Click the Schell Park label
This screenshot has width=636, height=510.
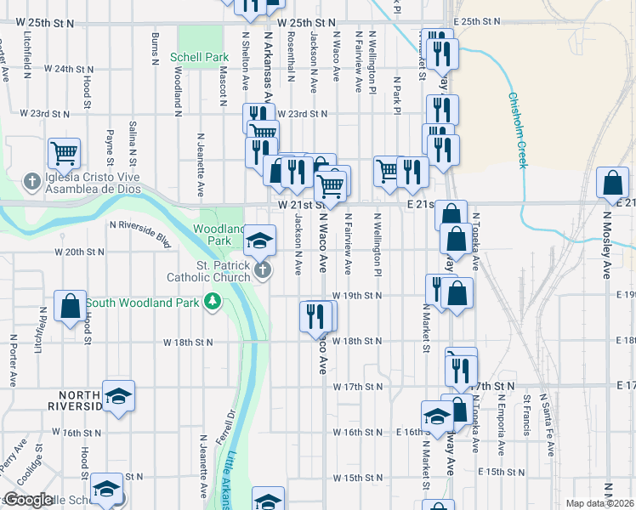tap(200, 56)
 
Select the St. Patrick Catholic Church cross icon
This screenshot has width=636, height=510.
tap(263, 270)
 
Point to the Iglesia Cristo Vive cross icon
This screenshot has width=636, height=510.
tap(31, 180)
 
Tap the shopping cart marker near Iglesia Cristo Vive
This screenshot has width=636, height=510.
tap(64, 153)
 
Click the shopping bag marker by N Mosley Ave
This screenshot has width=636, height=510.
tap(613, 183)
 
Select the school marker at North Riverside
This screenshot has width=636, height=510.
tap(119, 395)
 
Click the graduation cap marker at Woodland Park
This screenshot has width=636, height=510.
tap(260, 240)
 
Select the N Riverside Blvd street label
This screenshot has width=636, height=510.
tap(140, 224)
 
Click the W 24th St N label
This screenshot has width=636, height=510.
tap(68, 68)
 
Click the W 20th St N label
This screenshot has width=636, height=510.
tap(79, 252)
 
